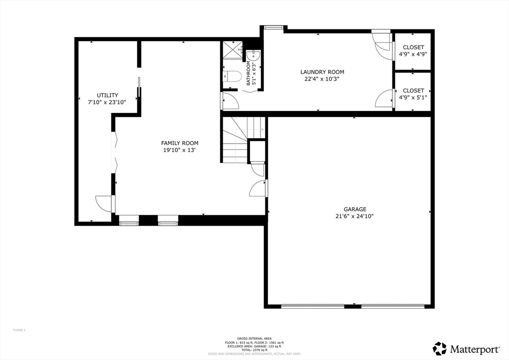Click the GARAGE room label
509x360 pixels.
[355, 209]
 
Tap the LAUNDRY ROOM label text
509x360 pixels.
[322, 72]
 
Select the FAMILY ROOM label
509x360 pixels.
[179, 143]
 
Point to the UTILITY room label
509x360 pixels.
[107, 95]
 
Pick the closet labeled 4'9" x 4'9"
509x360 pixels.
[413, 48]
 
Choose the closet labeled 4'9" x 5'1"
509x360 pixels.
[413, 90]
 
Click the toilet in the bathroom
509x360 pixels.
[232, 77]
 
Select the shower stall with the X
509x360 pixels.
[232, 52]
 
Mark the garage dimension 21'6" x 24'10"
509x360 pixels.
[355, 216]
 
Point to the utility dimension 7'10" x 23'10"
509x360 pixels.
[107, 102]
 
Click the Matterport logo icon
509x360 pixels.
[439, 348]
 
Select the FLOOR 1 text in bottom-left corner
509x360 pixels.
[19, 330]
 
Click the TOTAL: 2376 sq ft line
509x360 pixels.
[254, 350]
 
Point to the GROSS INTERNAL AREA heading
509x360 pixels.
[254, 338]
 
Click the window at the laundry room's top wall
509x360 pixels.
[272, 27]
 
